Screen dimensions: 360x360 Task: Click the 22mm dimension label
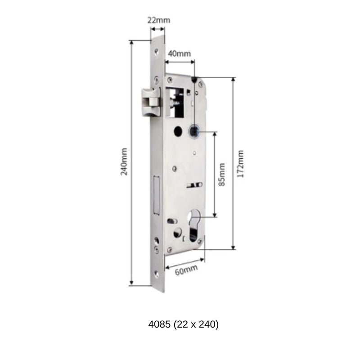pos(159,20)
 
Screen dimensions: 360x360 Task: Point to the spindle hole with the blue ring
pos(195,131)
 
